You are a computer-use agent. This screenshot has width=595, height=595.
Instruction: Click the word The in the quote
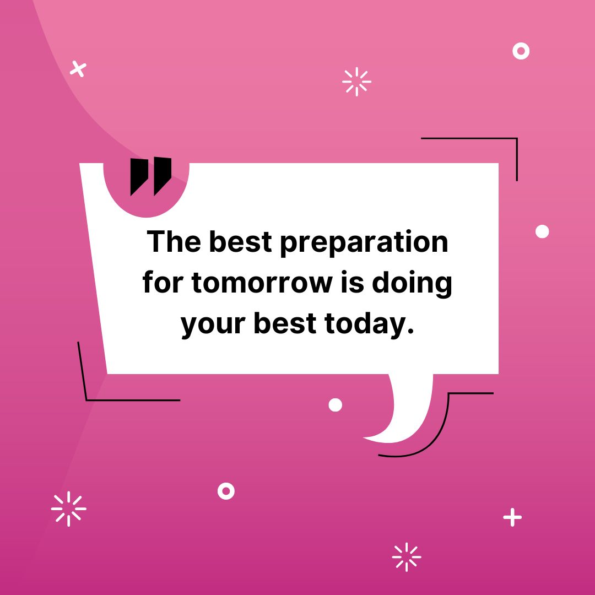point(174,241)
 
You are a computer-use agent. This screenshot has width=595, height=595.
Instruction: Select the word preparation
point(364,243)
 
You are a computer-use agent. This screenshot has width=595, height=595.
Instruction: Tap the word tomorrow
point(262,283)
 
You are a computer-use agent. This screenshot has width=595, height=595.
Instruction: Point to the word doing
point(412,284)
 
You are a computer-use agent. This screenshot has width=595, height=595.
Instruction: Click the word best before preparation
point(240,241)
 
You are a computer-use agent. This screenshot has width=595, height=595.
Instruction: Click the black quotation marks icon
point(150,176)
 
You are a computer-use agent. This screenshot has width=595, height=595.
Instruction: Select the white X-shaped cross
point(78,69)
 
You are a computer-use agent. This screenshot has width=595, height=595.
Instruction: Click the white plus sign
point(512,517)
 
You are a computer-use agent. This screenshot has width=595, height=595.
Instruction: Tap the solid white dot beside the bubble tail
point(335,405)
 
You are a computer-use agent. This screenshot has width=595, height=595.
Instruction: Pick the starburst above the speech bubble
point(356,82)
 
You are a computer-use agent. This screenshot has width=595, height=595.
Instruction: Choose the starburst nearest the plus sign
point(407,557)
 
